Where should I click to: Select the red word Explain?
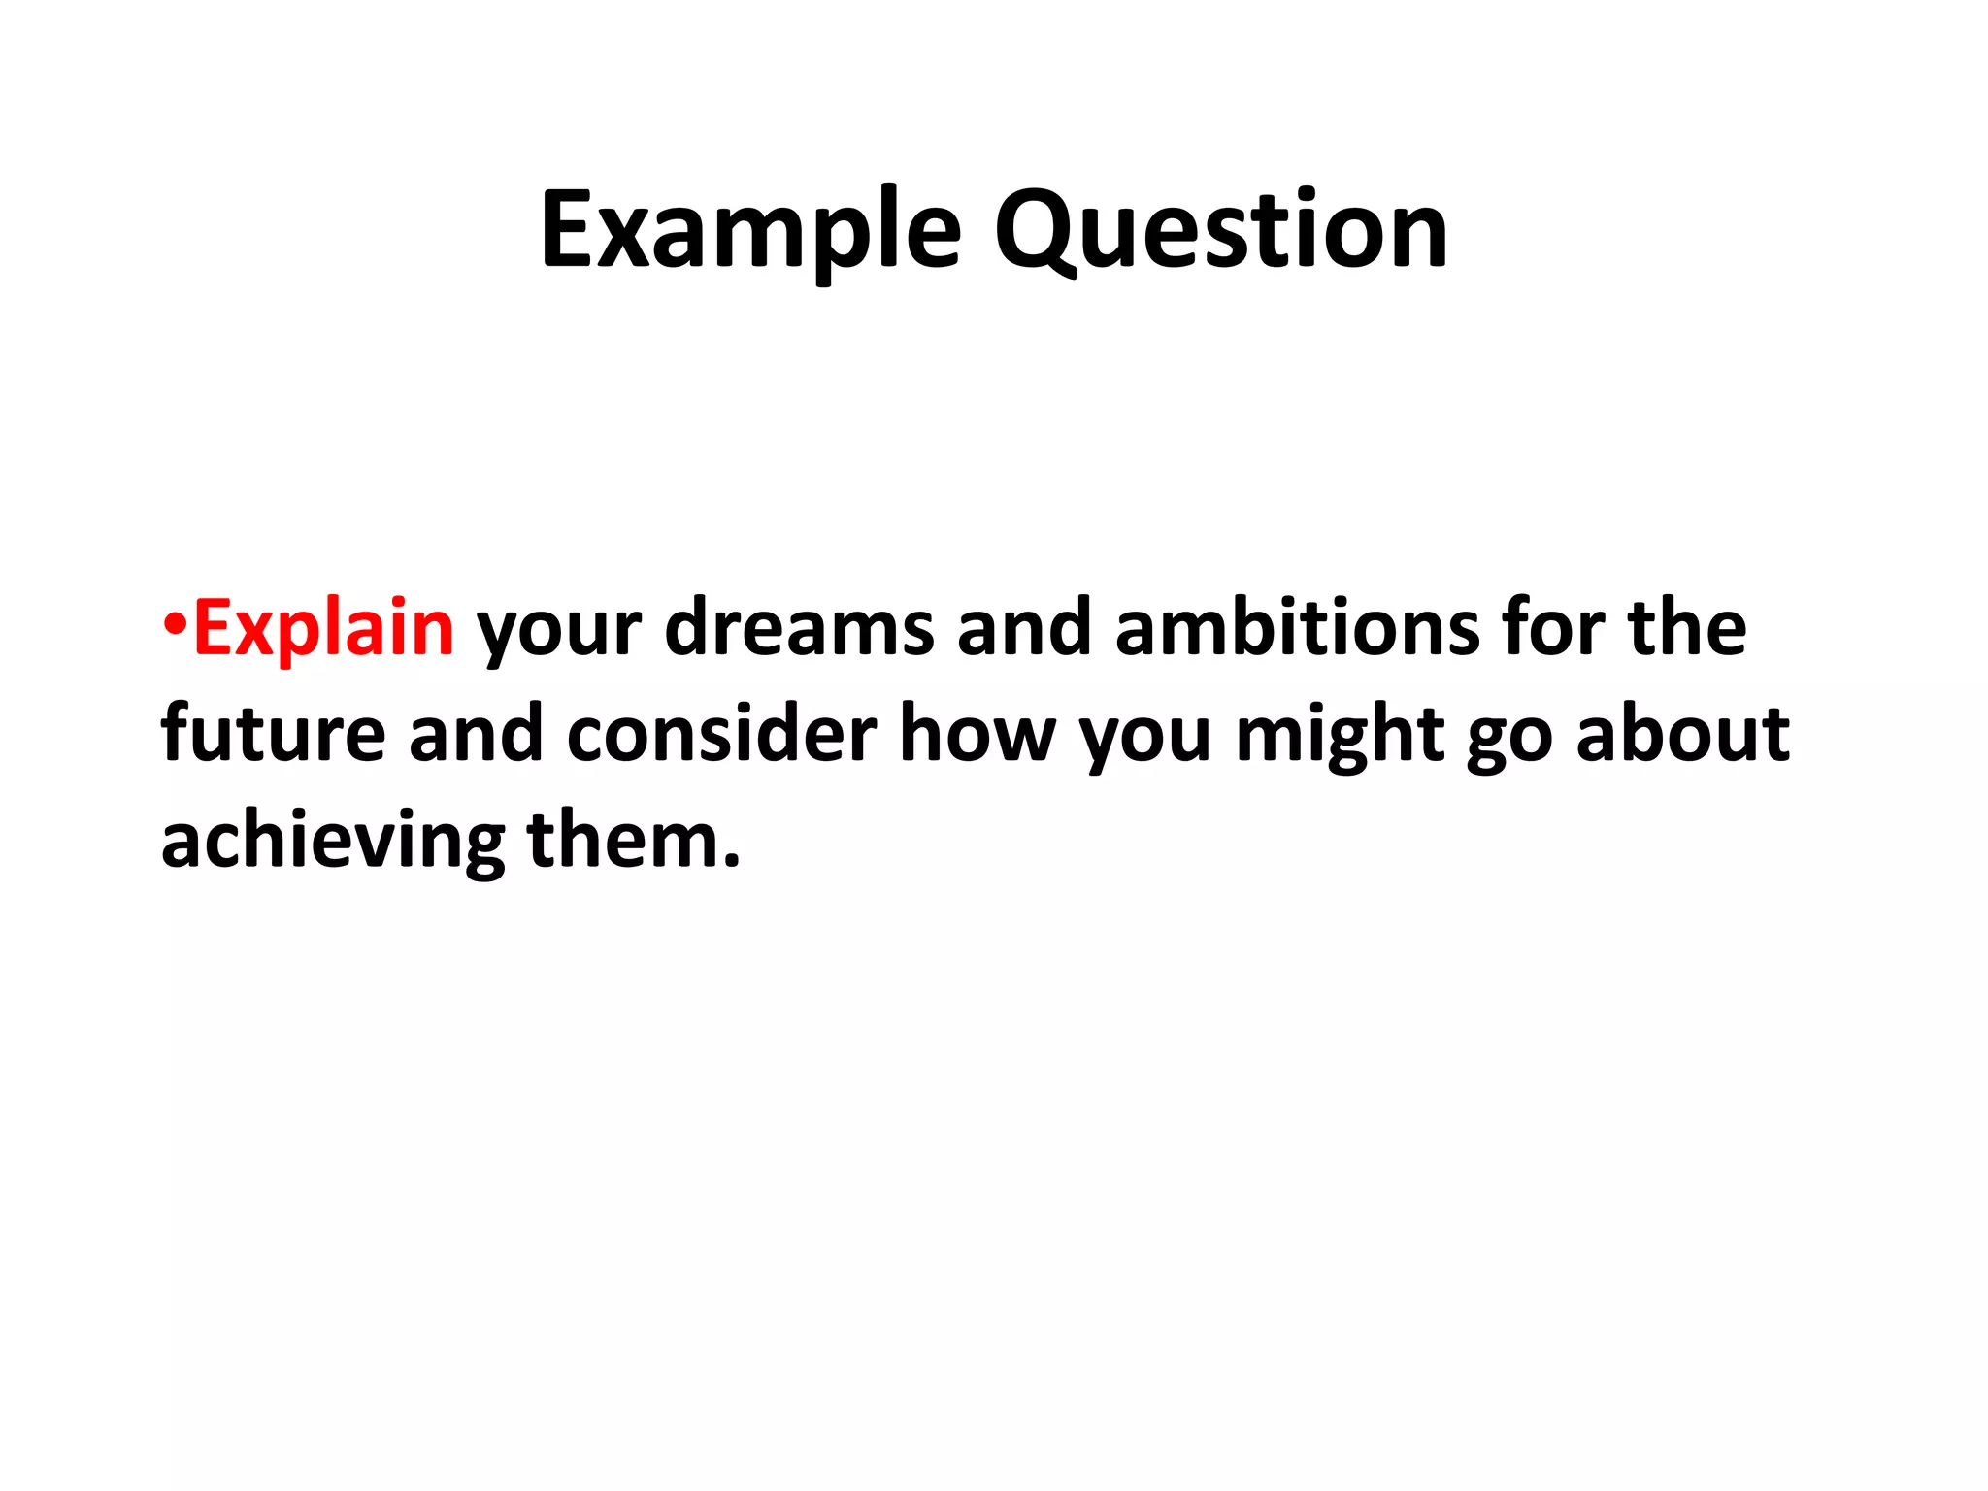click(323, 629)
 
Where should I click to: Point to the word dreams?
click(799, 629)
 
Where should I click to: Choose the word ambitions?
click(1297, 629)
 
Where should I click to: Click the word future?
click(273, 735)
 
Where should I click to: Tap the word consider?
click(720, 735)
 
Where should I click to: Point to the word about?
click(1682, 735)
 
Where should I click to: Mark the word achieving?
click(332, 841)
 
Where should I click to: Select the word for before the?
click(1552, 629)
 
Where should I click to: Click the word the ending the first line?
click(1687, 629)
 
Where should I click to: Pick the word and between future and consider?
click(476, 735)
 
